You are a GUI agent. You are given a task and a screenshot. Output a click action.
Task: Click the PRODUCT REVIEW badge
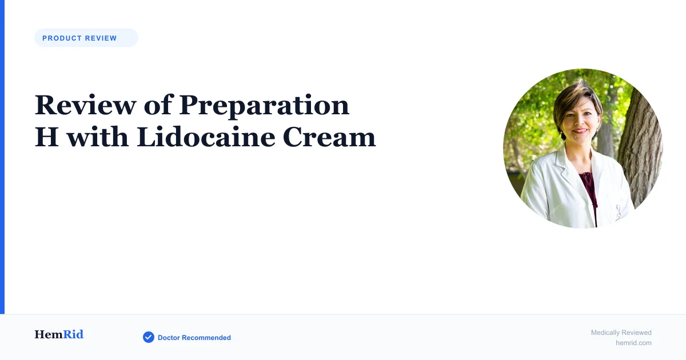point(86,38)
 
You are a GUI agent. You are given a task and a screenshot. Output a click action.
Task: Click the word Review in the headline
point(85,105)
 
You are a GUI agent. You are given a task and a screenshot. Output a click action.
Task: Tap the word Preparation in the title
point(264,106)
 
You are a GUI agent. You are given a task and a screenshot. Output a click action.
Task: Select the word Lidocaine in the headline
point(206,137)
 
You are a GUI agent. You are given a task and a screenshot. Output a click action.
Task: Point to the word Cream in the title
point(329,138)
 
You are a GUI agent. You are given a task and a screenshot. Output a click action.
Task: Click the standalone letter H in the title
point(46,137)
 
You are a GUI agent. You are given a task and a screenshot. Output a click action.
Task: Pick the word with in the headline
point(97,137)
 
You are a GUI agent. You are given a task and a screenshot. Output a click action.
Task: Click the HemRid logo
point(59,334)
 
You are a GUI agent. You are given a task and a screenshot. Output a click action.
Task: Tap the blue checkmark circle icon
point(149,337)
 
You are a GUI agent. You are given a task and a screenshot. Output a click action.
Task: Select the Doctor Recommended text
point(194,338)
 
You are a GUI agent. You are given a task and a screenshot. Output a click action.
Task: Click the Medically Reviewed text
point(621,333)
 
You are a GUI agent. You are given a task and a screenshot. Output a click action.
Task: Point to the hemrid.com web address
point(633,343)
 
